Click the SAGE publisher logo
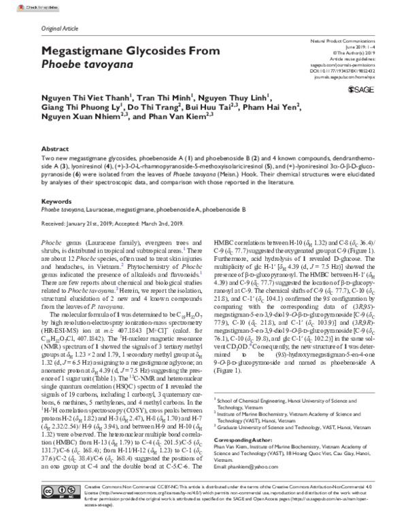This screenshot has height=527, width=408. (361, 89)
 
